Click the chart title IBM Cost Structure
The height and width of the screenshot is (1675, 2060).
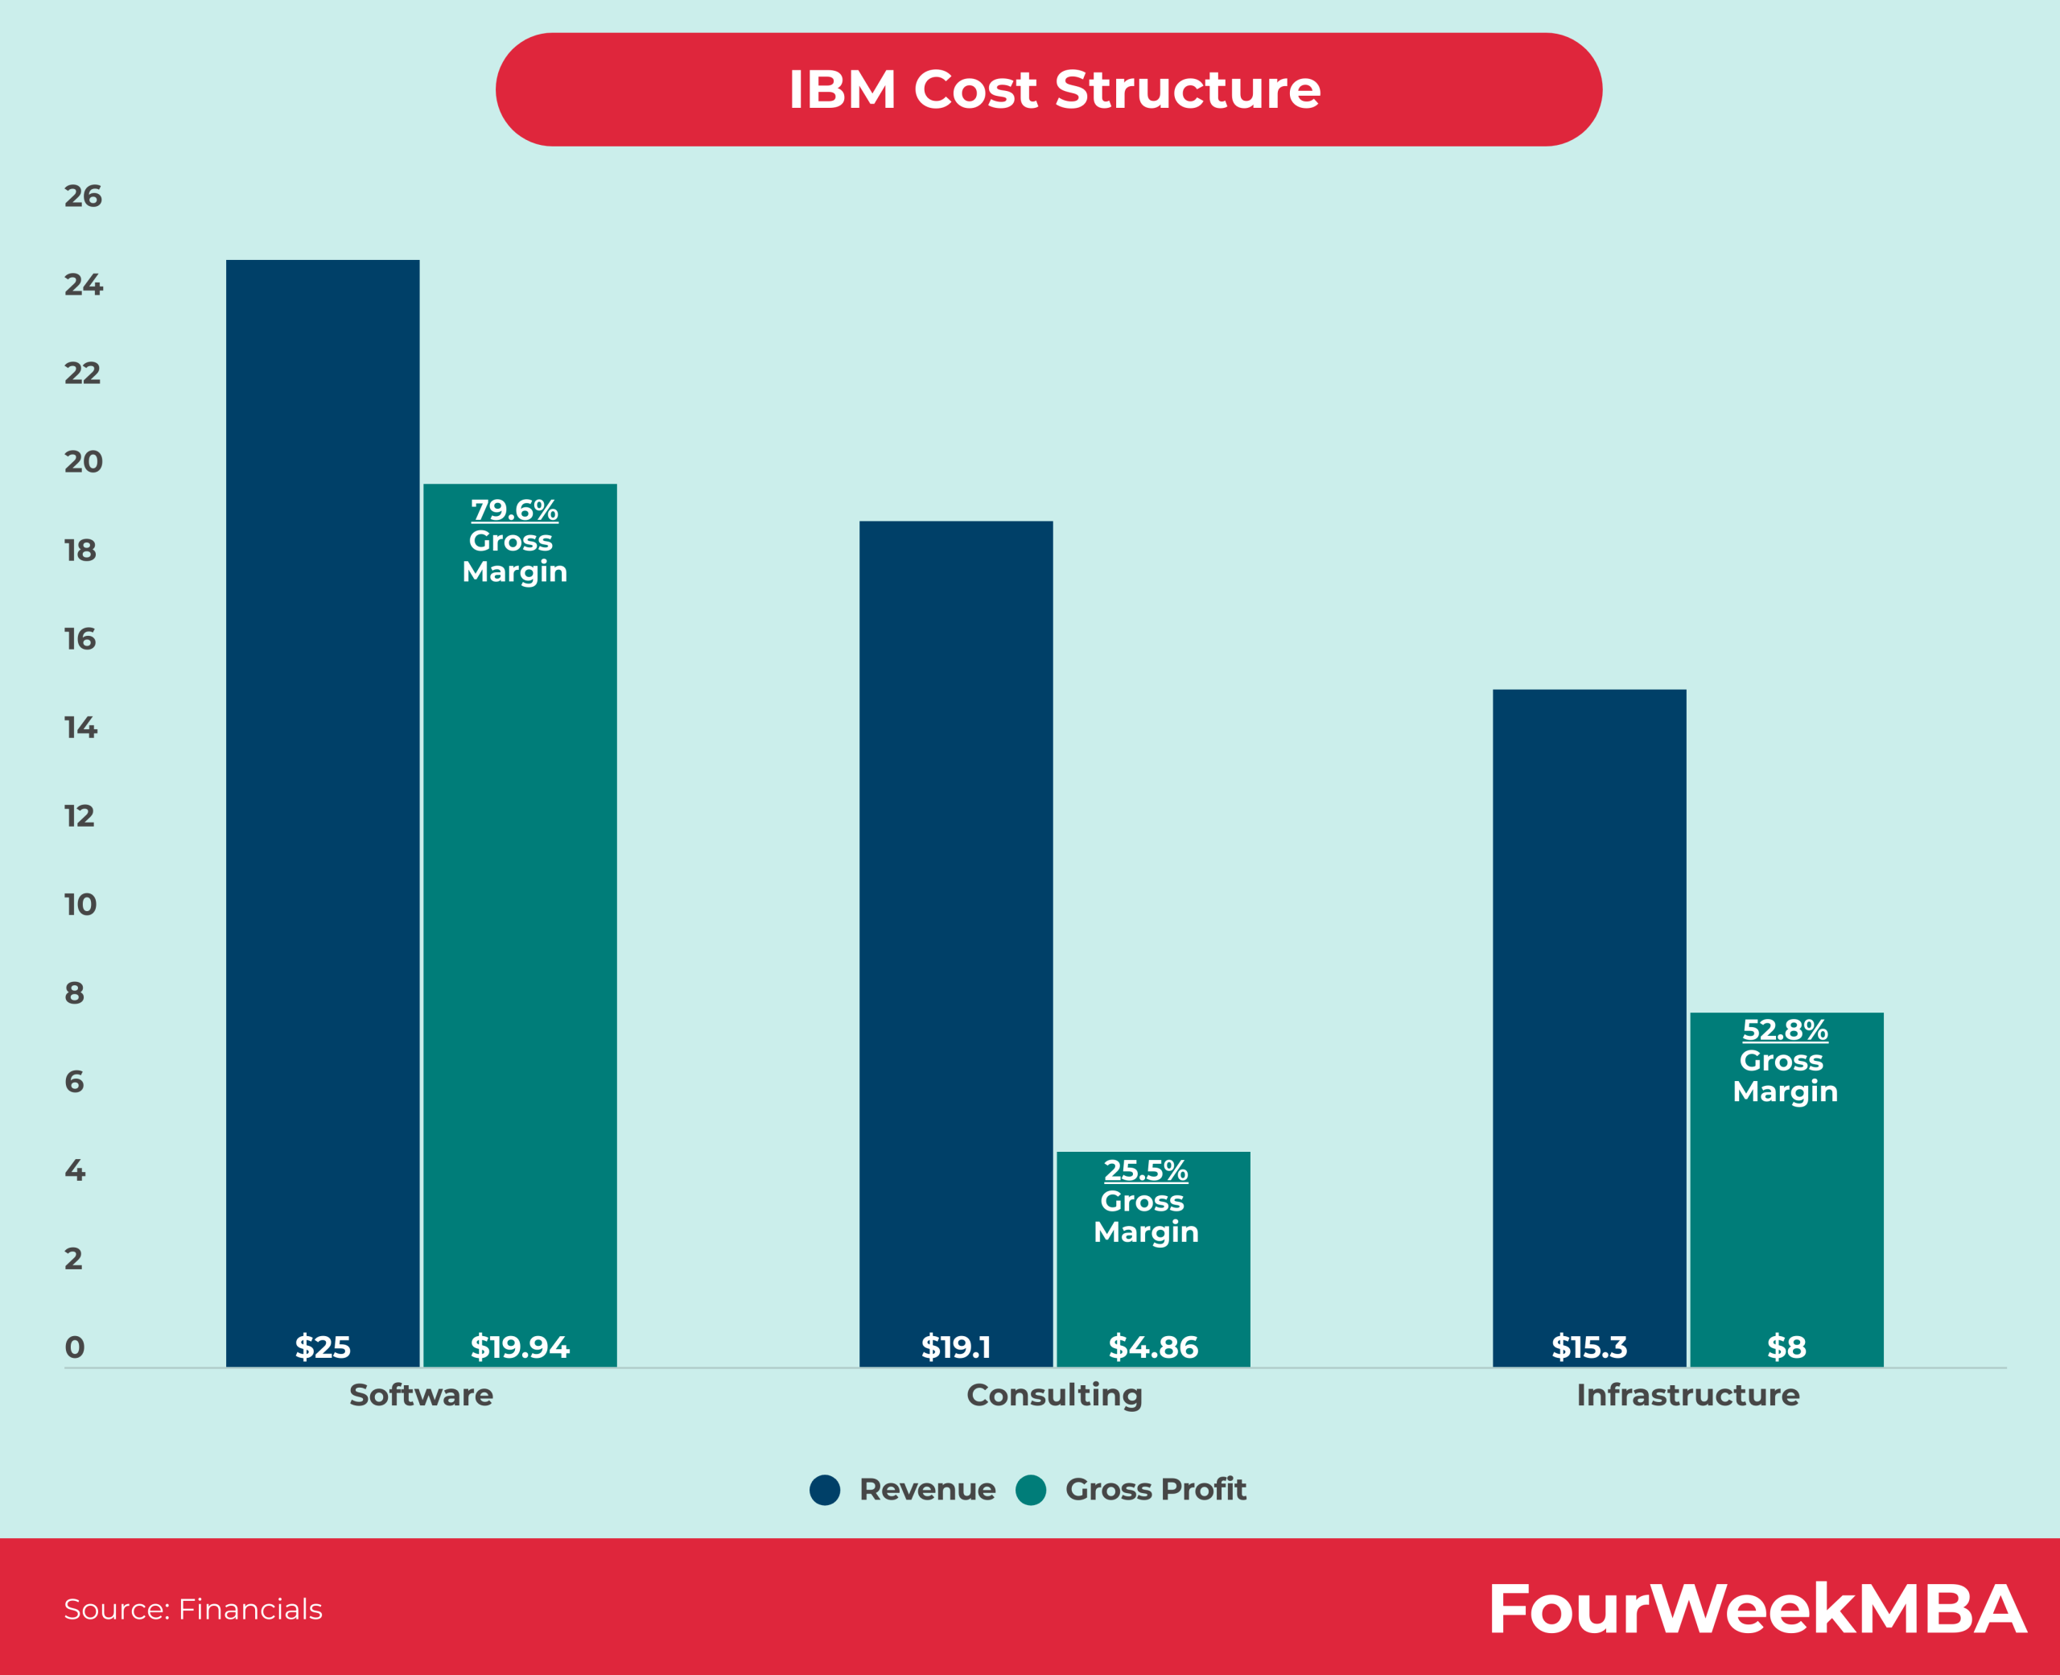(1054, 89)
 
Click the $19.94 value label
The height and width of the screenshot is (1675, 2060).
(519, 1347)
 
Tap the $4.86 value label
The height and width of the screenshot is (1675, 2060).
(1152, 1347)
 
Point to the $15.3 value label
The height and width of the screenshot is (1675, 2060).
(1588, 1347)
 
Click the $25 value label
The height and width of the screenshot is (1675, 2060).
(322, 1347)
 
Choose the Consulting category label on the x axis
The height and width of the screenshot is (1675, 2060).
(1054, 1395)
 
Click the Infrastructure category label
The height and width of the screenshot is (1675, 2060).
(1687, 1395)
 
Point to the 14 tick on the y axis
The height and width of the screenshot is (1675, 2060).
(81, 728)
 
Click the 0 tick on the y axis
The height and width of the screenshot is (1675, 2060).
(74, 1347)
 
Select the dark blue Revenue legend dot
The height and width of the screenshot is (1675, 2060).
(825, 1490)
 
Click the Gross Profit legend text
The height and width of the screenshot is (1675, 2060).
(1156, 1490)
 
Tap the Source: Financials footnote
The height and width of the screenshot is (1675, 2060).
(193, 1609)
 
